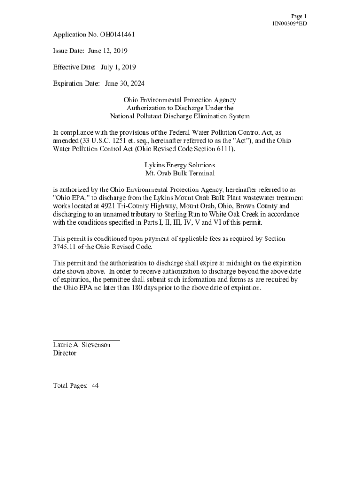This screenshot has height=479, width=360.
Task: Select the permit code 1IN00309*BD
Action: pos(289,23)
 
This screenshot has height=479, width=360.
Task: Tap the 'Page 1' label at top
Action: pos(298,16)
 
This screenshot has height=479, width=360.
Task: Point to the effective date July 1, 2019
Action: pos(118,67)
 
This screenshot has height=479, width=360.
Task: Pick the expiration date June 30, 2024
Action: pos(124,83)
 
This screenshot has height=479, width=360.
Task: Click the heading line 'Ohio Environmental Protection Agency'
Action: pos(180,100)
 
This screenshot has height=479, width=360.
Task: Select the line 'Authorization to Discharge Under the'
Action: pos(180,108)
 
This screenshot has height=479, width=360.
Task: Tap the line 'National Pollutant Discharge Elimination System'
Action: pos(180,116)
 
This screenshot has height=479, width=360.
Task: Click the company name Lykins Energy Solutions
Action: pos(180,165)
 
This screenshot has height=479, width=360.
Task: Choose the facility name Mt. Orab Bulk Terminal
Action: pos(180,173)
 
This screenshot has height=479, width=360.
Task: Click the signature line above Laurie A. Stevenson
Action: pos(86,340)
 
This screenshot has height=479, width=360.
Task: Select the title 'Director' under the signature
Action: pos(65,353)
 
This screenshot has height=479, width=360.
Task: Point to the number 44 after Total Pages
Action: pos(95,385)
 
